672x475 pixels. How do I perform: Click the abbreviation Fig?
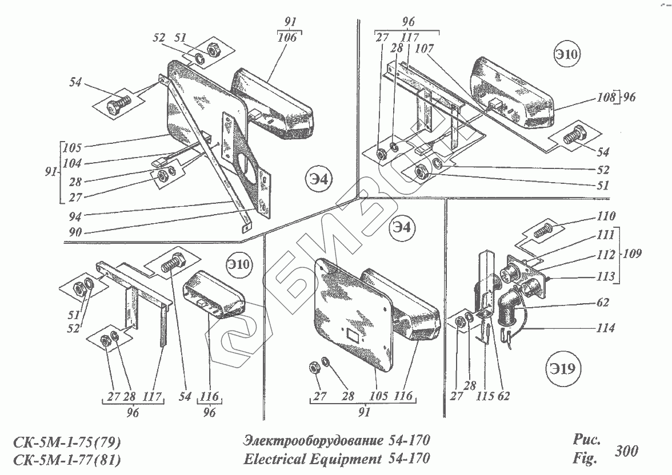(x=583, y=458)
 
